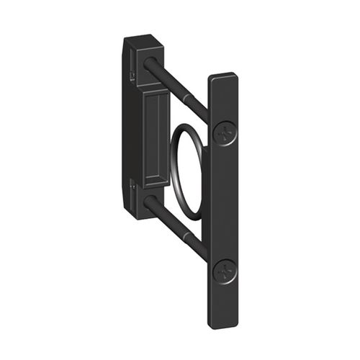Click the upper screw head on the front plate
[x=225, y=132]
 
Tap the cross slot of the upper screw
[x=225, y=132]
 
